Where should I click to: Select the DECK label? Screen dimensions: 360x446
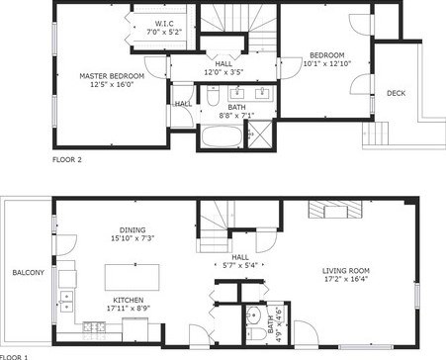point(396,93)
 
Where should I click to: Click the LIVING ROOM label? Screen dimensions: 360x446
point(346,270)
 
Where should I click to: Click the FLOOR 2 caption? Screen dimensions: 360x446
point(67,157)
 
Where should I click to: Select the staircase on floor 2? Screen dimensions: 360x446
point(238,26)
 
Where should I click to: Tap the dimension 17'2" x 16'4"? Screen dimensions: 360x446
point(346,281)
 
